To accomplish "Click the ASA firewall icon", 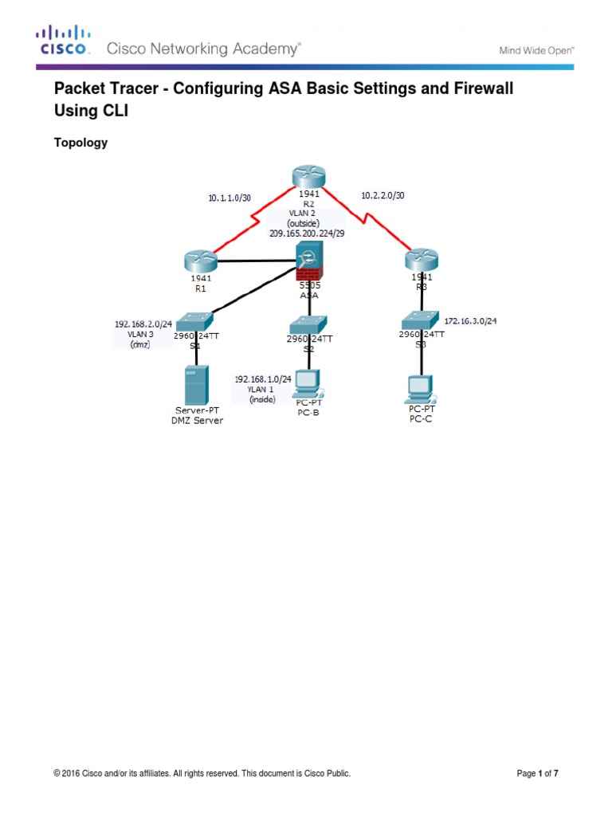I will coord(309,261).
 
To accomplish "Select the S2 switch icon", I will coord(308,324).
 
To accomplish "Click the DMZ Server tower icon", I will coord(196,385).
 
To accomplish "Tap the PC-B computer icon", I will coord(308,384).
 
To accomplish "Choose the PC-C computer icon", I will coord(420,388).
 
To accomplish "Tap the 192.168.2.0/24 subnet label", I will coord(143,324).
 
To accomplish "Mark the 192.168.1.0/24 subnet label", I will coord(262,379).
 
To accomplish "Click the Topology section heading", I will coord(80,143).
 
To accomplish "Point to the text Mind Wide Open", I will coord(535,49).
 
